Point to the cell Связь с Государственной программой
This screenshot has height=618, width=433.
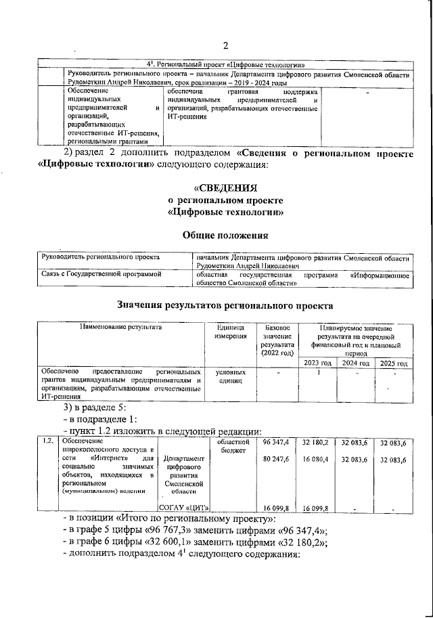pos(99,274)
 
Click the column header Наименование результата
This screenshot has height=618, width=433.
pos(121,327)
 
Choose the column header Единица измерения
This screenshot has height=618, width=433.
pos(227,332)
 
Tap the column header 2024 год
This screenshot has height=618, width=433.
pos(355,363)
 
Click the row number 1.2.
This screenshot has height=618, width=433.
pos(45,443)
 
